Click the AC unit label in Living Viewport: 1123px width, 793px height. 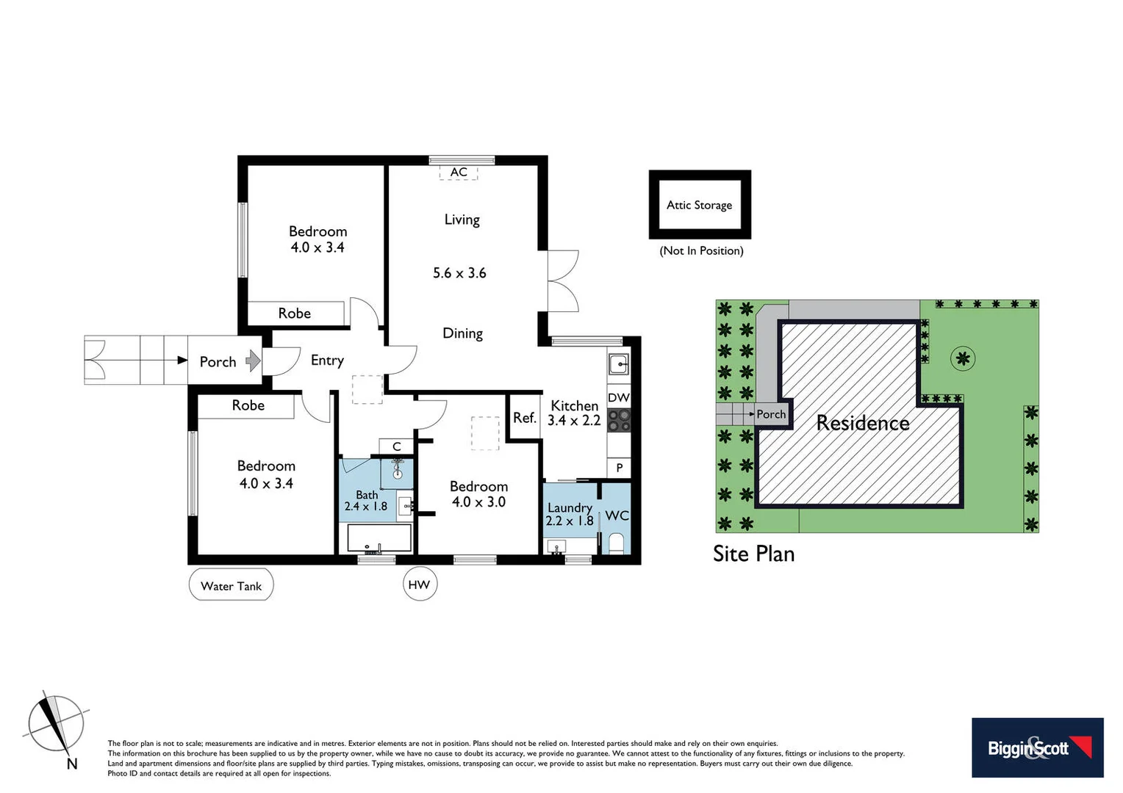pyautogui.click(x=459, y=173)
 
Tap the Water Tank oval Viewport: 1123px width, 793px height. pyautogui.click(x=232, y=585)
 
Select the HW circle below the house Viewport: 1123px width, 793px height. pyautogui.click(x=419, y=584)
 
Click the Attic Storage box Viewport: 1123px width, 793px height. pyautogui.click(x=699, y=205)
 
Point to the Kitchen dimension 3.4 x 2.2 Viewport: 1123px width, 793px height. pyautogui.click(x=574, y=421)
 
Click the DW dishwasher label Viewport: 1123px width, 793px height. pyautogui.click(x=618, y=397)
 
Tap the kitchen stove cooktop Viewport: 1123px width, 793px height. pyautogui.click(x=619, y=420)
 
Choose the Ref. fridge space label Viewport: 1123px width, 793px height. pyautogui.click(x=524, y=418)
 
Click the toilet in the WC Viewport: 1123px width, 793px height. pyautogui.click(x=616, y=543)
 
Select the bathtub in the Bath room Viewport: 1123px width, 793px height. pyautogui.click(x=378, y=537)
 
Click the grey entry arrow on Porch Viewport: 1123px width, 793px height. pyautogui.click(x=253, y=361)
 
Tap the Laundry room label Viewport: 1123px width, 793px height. pyautogui.click(x=570, y=507)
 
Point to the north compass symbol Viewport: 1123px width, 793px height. pyautogui.click(x=55, y=723)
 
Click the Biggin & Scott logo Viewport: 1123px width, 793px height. pyautogui.click(x=1037, y=747)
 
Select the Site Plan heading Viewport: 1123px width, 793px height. pyautogui.click(x=753, y=554)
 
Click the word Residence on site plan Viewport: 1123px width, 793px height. pyautogui.click(x=863, y=423)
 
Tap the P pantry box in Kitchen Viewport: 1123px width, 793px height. pyautogui.click(x=619, y=468)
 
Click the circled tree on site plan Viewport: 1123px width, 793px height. pyautogui.click(x=962, y=358)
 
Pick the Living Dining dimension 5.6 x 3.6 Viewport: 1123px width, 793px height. pyautogui.click(x=459, y=273)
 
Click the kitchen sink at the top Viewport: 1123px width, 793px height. pyautogui.click(x=619, y=363)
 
